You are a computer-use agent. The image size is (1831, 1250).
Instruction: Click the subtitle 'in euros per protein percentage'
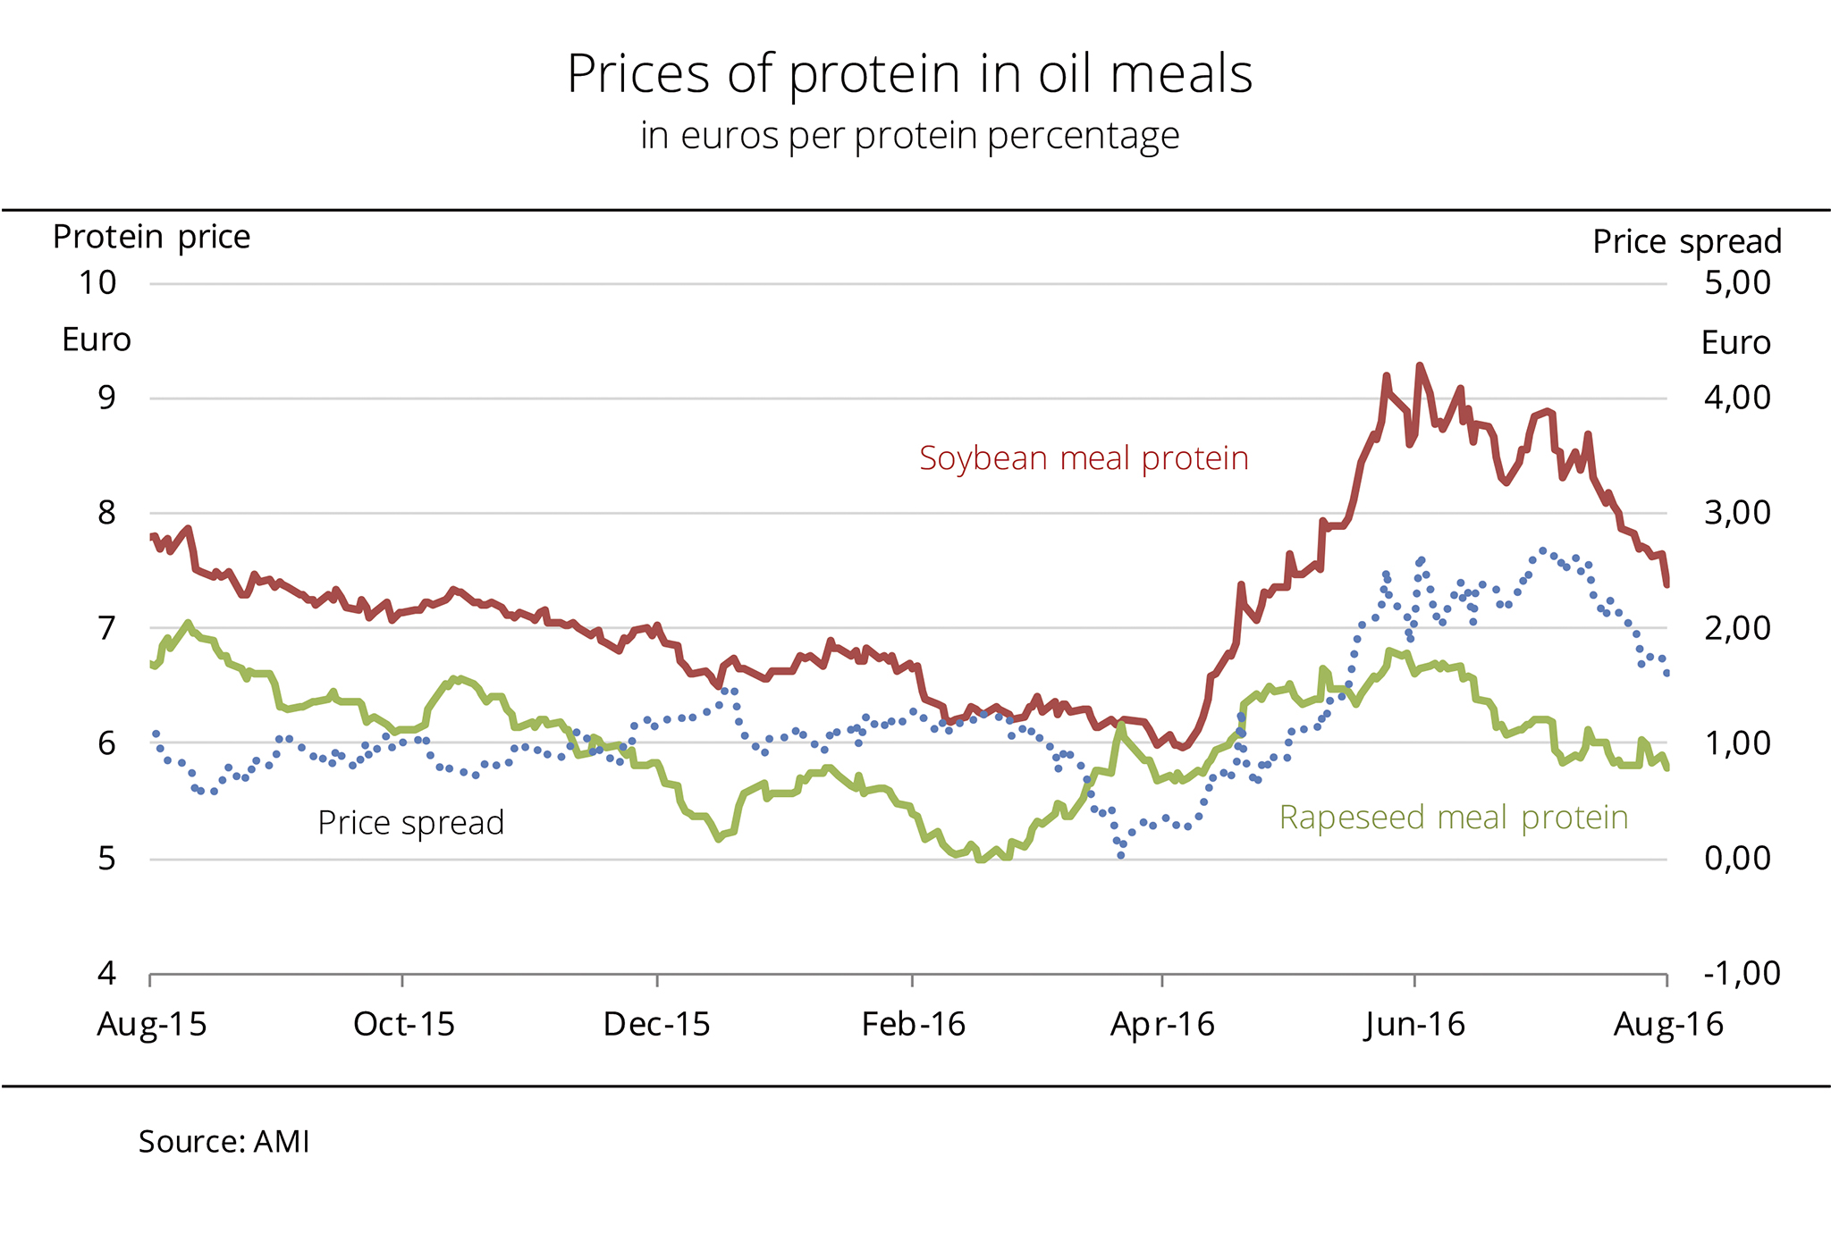pos(909,136)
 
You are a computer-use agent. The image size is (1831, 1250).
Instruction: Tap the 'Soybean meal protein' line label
pos(1084,458)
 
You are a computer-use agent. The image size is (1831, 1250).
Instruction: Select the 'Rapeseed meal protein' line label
pos(1453,818)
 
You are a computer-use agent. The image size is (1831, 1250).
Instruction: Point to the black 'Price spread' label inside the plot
pos(410,823)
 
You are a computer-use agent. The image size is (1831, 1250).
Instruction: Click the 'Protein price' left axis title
pos(151,238)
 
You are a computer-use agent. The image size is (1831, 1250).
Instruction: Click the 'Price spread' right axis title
pos(1687,242)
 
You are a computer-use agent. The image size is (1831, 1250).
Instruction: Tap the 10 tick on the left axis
pos(98,283)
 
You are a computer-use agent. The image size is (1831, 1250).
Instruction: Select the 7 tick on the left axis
pos(106,629)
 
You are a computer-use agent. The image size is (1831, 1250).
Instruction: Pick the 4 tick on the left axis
pos(106,974)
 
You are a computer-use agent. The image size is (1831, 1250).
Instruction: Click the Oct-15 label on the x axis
pos(403,1025)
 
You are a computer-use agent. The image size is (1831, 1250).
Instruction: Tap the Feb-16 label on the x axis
pos(913,1025)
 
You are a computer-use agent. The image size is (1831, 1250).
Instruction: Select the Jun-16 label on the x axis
pos(1414,1025)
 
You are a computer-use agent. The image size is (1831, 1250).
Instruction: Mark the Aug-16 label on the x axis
pos(1667,1025)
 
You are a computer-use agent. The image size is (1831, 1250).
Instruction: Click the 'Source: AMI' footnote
pos(224,1142)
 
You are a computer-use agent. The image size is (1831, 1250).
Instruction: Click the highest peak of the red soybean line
pos(1419,365)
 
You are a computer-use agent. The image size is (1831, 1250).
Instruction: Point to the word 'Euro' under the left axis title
pos(97,340)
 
